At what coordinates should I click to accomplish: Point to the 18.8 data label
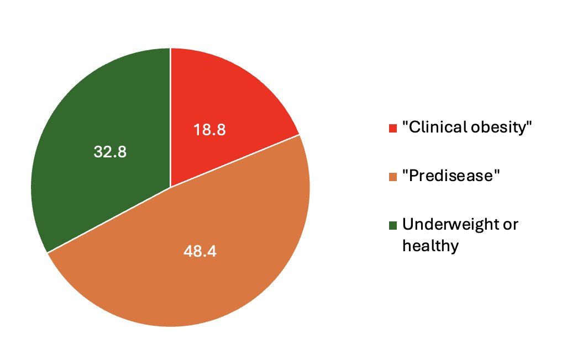pos(209,130)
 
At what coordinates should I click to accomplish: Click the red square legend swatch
pos(393,128)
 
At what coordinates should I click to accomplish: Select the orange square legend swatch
pos(393,177)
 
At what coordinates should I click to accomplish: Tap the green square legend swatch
pos(393,225)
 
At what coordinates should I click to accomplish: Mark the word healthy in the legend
pos(431,245)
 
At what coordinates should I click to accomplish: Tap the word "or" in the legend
pos(511,225)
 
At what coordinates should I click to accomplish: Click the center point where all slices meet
pos(170,187)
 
